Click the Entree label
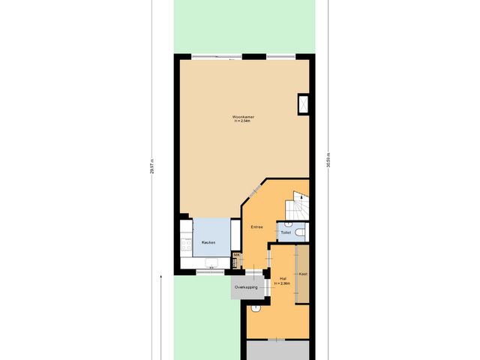(x=257, y=226)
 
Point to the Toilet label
(x=285, y=233)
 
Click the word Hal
(x=282, y=278)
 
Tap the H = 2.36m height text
(x=282, y=283)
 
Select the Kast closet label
(x=303, y=274)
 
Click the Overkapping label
(x=246, y=287)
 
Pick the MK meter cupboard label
(x=236, y=256)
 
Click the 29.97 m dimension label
(x=151, y=166)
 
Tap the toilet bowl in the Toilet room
(x=299, y=233)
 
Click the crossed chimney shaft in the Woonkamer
(x=304, y=104)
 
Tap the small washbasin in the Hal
(x=256, y=307)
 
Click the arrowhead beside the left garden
(x=161, y=277)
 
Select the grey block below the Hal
(x=278, y=350)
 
